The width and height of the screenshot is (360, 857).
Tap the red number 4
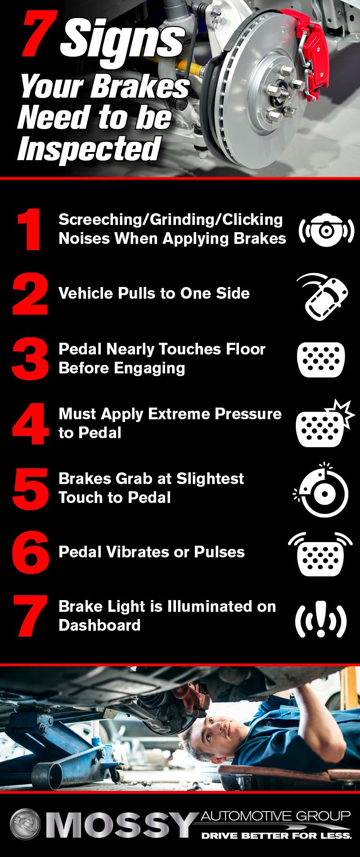pos(30,423)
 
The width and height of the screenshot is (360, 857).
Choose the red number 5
pos(30,488)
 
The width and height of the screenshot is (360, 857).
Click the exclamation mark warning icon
pos(321,620)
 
